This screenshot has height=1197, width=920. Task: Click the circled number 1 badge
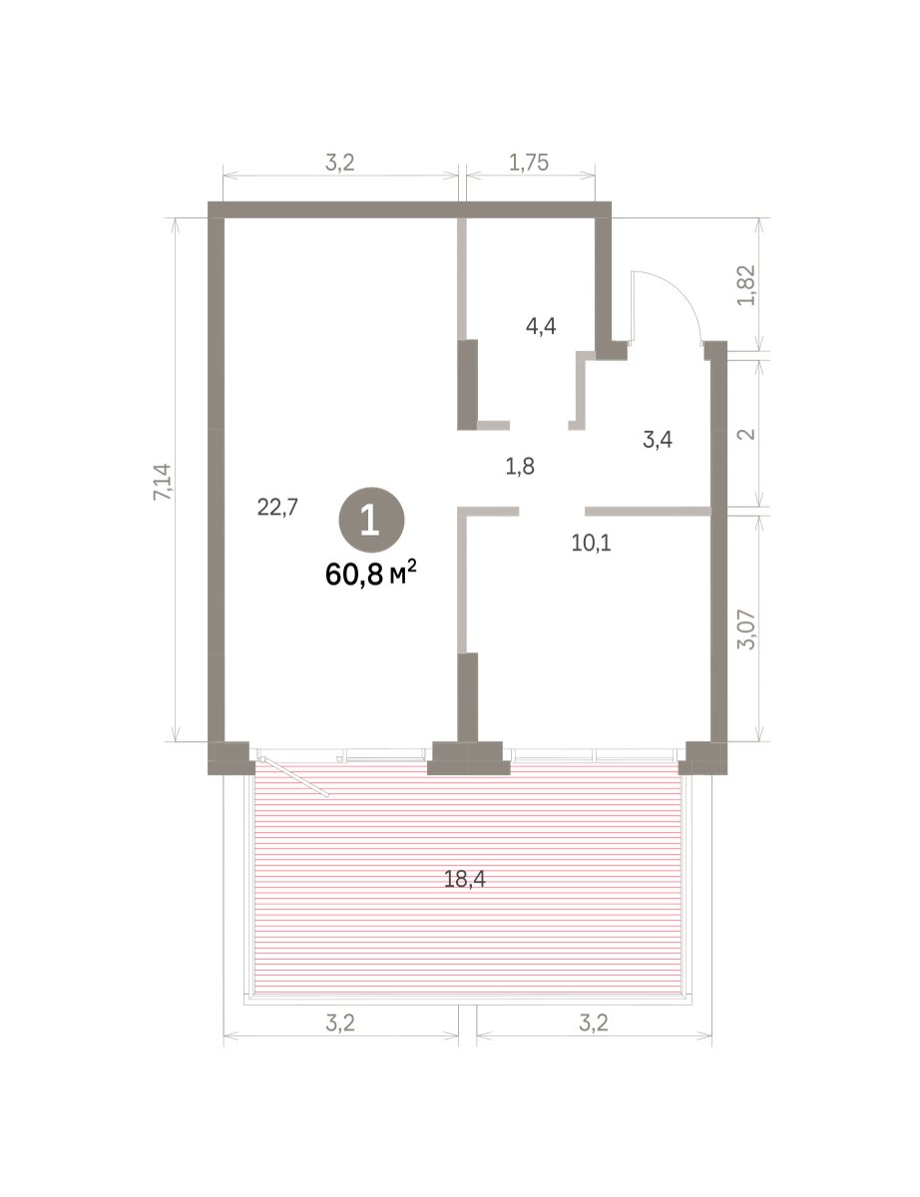click(x=371, y=520)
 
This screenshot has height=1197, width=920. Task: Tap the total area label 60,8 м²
click(x=371, y=575)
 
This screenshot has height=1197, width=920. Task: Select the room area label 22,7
click(x=277, y=507)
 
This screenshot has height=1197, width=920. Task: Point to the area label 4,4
click(x=541, y=326)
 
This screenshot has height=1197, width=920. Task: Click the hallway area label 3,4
click(x=658, y=440)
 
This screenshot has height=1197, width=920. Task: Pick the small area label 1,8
click(x=520, y=467)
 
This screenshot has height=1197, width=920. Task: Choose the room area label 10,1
click(x=591, y=544)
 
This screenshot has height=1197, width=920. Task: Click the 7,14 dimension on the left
click(x=163, y=482)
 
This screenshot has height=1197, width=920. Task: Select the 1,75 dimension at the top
click(x=529, y=163)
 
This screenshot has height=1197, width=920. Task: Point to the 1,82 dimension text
click(x=747, y=285)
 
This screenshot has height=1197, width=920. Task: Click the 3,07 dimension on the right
click(x=747, y=630)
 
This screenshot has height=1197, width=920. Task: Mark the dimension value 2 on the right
click(x=747, y=434)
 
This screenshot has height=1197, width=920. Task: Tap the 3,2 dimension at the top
click(x=340, y=163)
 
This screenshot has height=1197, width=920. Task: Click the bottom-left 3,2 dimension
click(x=340, y=1023)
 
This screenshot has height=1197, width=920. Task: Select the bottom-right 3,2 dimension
click(x=594, y=1023)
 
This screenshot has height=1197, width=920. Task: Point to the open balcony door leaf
click(x=294, y=777)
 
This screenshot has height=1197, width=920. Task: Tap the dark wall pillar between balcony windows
click(x=468, y=758)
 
